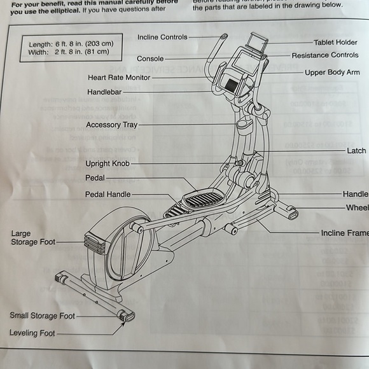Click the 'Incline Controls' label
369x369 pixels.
point(162,38)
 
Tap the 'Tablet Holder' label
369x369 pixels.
point(336,43)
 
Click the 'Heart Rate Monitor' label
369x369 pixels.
point(119,78)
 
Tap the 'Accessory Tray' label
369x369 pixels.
point(111,125)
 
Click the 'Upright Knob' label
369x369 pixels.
point(107,164)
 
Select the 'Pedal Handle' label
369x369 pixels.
point(108,195)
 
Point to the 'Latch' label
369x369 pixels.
point(356,151)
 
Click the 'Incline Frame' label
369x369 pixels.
point(344,233)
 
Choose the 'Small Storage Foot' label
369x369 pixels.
point(42,316)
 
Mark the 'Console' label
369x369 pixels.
point(150,59)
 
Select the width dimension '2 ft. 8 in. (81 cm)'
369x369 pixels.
point(78,52)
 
